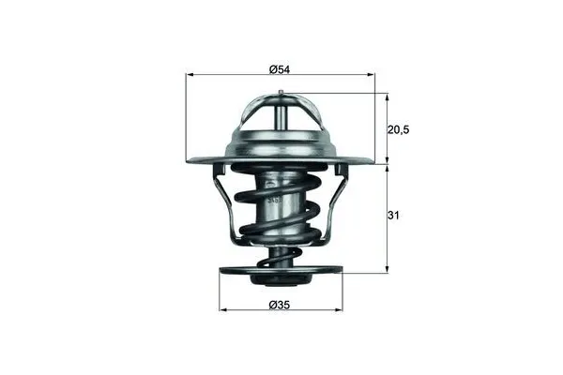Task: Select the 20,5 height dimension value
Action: coord(400,129)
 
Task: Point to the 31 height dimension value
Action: coord(396,216)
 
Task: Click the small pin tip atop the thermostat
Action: coord(281,92)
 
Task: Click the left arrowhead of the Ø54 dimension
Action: coord(190,74)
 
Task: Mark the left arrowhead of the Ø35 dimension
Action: coord(223,310)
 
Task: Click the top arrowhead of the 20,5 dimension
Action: coord(386,96)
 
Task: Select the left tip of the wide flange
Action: coord(190,161)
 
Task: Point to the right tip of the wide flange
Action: coord(372,161)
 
